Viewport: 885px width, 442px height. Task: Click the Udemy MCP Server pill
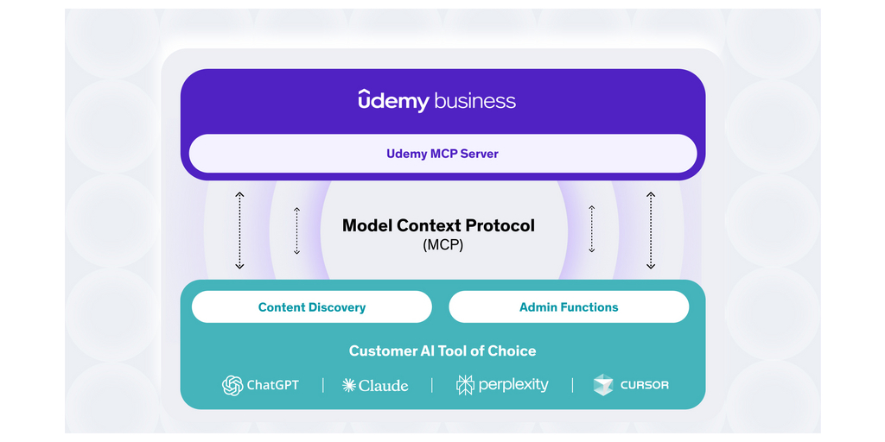pos(442,154)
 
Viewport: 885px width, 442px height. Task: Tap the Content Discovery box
pos(311,307)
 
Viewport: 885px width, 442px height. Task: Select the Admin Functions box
pos(569,307)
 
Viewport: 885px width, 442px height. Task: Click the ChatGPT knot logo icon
pos(232,385)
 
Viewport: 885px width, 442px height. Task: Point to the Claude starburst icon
pos(349,385)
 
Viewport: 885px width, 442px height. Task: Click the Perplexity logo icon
pos(465,385)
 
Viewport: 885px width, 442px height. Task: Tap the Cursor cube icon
pos(603,385)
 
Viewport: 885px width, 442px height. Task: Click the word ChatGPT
pos(272,385)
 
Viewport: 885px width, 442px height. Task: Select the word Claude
pos(383,385)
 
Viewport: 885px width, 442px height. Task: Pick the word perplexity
pos(513,385)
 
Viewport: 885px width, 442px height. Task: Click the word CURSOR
pos(644,385)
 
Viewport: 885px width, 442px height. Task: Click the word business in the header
pos(474,101)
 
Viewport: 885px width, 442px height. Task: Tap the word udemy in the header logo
pos(393,101)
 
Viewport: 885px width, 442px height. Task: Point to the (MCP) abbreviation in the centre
pos(442,245)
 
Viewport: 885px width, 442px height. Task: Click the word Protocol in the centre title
pos(500,226)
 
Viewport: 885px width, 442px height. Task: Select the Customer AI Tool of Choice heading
pos(442,351)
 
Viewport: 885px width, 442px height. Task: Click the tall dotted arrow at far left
pos(239,230)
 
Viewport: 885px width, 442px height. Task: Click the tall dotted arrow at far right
pos(651,230)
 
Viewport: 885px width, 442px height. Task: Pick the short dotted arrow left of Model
pos(296,230)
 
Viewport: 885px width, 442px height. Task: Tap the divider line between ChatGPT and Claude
pos(322,385)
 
